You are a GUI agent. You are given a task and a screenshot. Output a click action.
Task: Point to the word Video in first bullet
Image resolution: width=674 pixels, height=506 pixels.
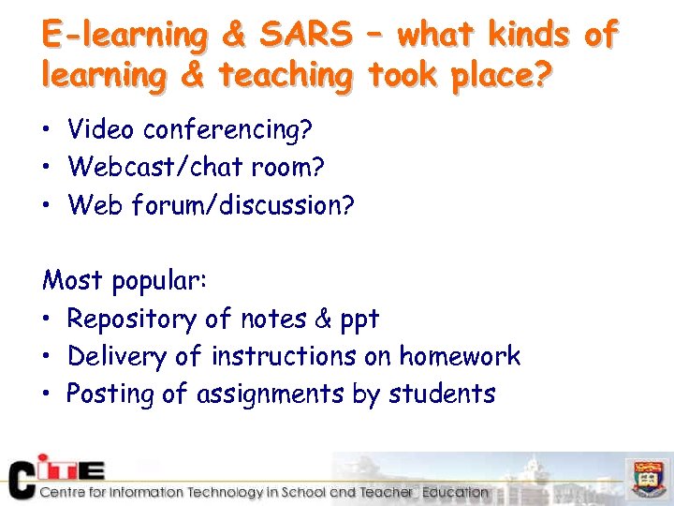pos(101,129)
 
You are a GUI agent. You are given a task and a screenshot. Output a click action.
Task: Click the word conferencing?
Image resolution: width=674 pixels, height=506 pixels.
pos(227,129)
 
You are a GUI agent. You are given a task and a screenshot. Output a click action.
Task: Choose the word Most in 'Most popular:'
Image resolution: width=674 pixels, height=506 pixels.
pos(74,280)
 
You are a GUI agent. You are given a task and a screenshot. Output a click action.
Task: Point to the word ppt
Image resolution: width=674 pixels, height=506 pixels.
pos(359,320)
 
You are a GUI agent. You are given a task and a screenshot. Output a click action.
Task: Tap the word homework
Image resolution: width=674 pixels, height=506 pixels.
pos(460,356)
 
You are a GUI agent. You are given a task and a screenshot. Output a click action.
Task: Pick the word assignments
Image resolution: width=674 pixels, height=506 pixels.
pos(270,394)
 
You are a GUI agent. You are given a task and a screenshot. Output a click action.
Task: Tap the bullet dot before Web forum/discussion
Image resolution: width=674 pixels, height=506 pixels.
pos(49,205)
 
